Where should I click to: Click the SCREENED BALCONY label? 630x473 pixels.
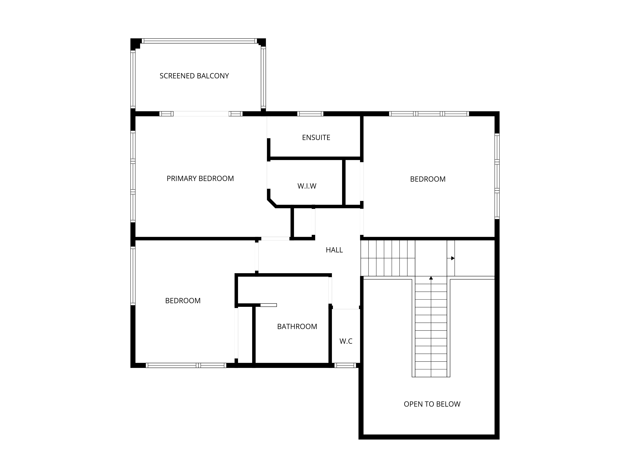point(194,76)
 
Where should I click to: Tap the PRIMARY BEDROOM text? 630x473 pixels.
point(200,178)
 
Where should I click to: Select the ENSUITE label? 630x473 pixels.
point(316,137)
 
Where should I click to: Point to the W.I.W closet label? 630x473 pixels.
point(307,186)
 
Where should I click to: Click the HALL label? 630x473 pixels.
point(334,250)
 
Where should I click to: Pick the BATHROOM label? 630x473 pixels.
point(297,327)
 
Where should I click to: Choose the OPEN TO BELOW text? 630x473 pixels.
point(432,404)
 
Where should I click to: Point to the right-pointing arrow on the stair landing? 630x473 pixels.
point(451,258)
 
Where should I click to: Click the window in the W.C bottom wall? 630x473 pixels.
point(345,365)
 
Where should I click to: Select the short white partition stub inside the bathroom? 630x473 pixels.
point(268,305)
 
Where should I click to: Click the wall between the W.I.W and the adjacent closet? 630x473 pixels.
point(344,182)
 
